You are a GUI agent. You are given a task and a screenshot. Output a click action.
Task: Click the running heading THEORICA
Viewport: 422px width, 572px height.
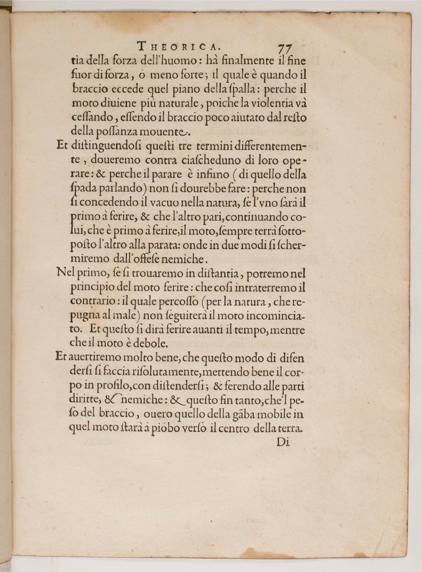tap(179, 45)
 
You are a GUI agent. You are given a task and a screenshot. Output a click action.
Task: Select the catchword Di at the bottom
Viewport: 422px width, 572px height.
tap(283, 442)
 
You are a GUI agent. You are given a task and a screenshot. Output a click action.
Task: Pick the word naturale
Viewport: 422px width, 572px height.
tap(179, 104)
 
